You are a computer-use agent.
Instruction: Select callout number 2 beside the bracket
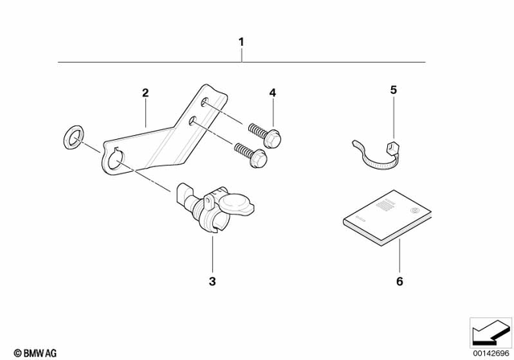[x=145, y=94]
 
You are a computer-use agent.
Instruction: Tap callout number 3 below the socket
[x=213, y=282]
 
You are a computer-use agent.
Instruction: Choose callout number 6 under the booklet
[x=399, y=282]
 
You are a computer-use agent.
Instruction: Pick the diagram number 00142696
[x=490, y=352]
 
